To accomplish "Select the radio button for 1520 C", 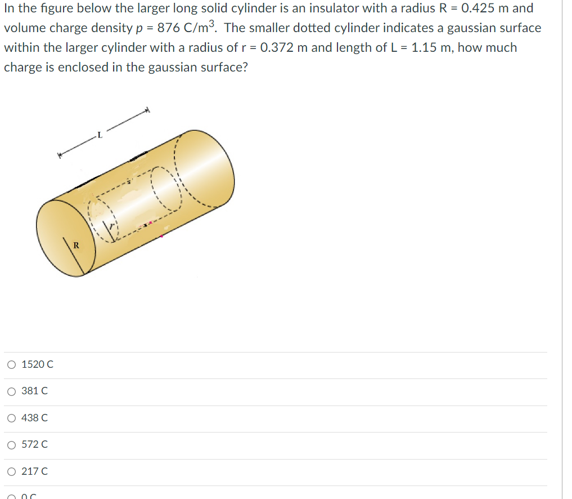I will point(12,364).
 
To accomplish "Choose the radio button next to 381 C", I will point(12,391).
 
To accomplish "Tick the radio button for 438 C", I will point(12,418).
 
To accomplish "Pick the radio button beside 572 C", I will point(12,444).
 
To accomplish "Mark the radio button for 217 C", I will point(12,471).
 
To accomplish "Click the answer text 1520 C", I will point(37,364).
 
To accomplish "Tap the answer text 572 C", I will point(34,444).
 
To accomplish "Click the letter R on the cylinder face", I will point(76,245).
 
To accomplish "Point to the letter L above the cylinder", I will point(100,135).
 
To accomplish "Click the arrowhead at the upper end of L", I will point(148,110).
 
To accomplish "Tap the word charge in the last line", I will point(22,67).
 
